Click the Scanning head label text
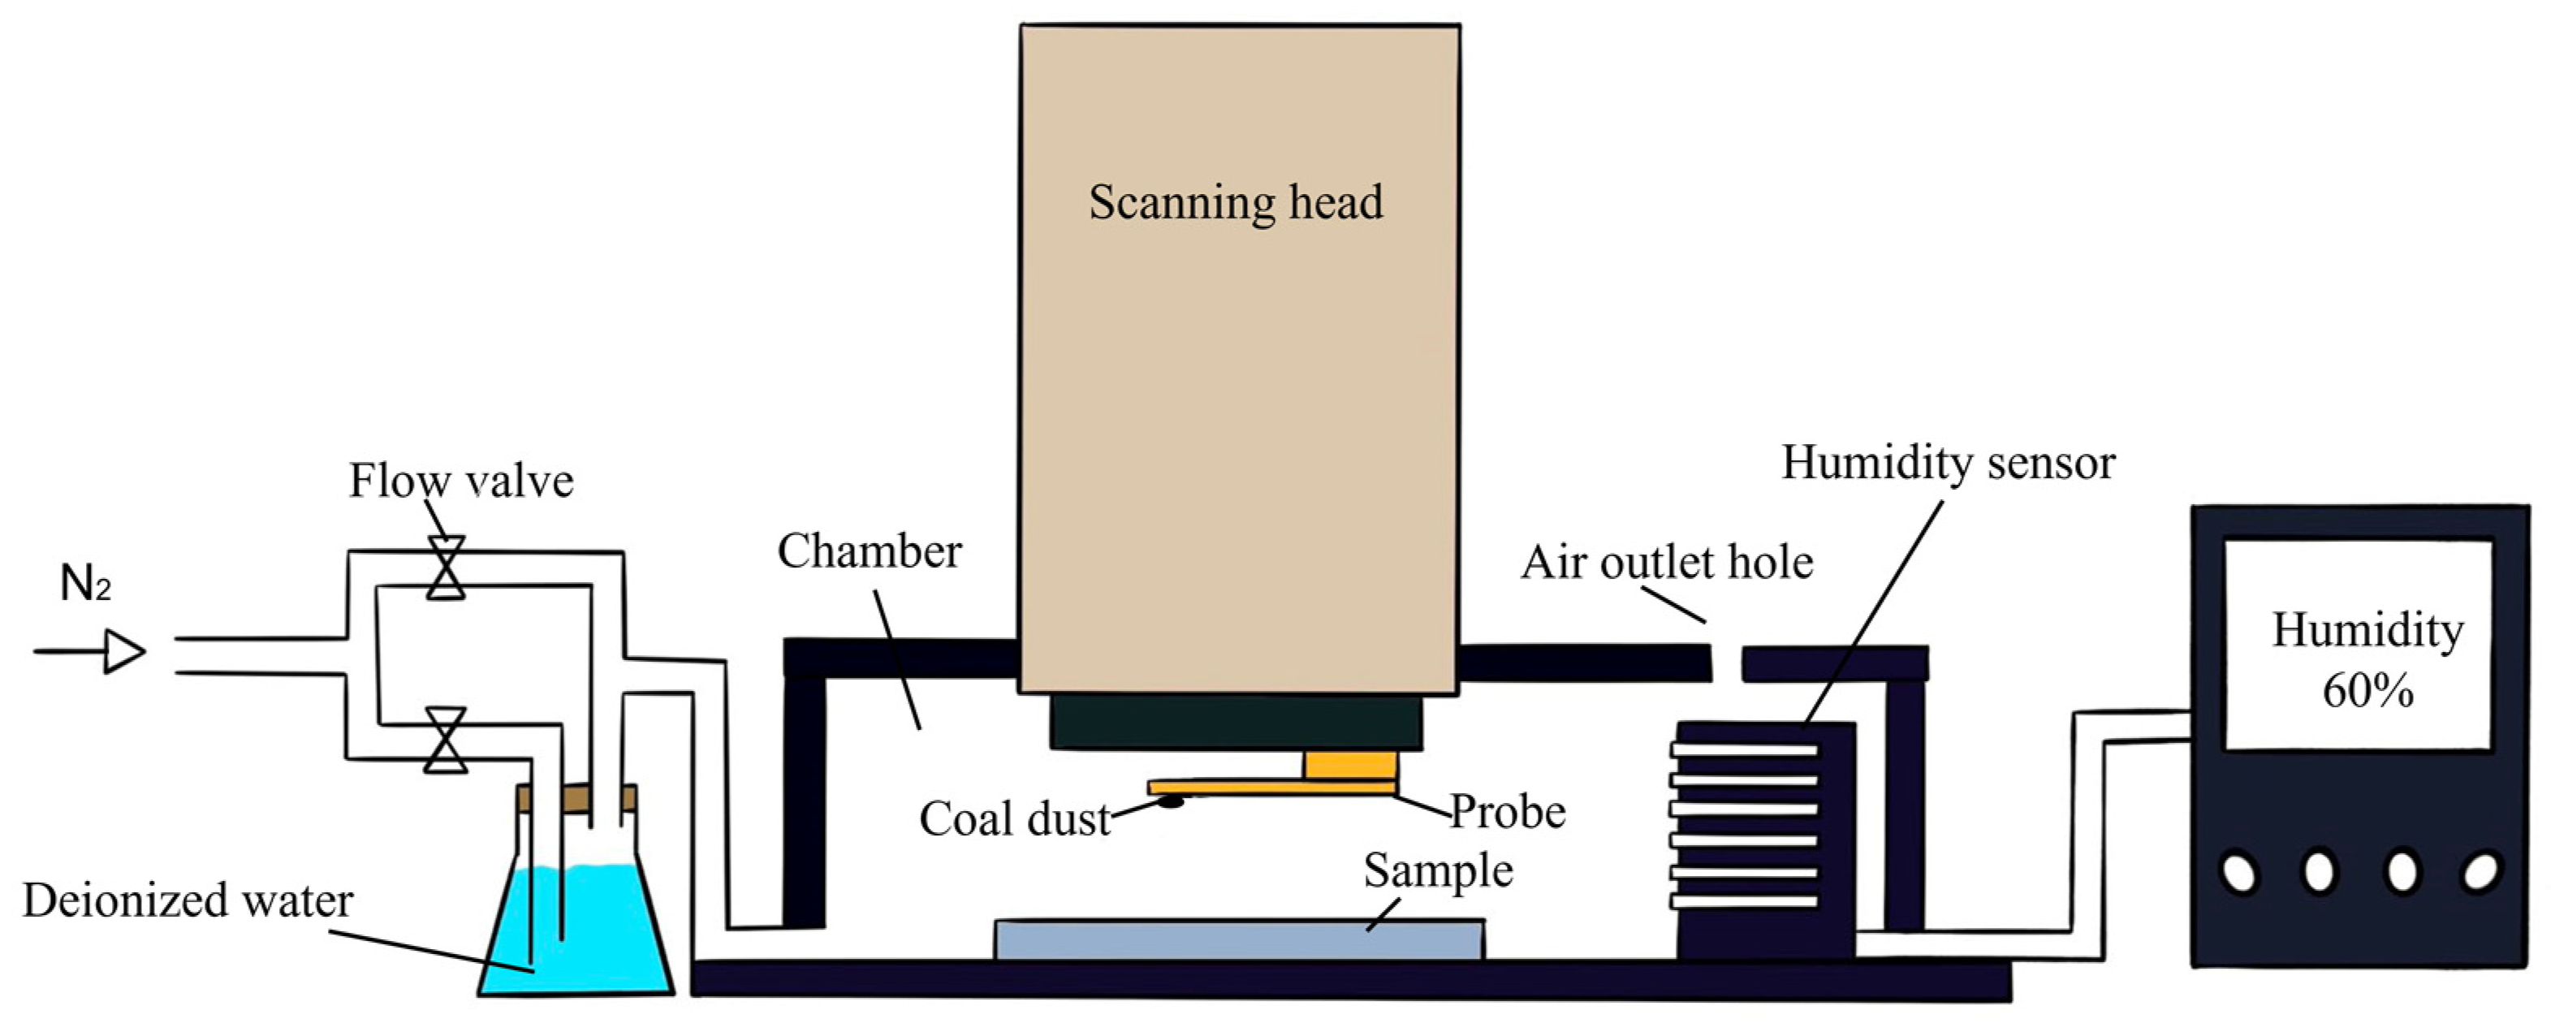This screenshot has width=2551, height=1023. click(x=1236, y=203)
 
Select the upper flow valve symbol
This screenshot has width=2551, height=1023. click(x=446, y=568)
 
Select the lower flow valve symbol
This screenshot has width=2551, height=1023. click(x=446, y=739)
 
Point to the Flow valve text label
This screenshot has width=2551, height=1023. click(x=460, y=481)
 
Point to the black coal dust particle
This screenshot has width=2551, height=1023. click(x=1172, y=801)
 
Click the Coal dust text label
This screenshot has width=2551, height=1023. click(x=1015, y=820)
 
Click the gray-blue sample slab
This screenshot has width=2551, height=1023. click(x=1238, y=940)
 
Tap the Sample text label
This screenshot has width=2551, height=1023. click(x=1438, y=871)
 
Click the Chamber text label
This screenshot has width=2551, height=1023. click(x=869, y=551)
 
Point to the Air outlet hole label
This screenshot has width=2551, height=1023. click(x=1667, y=563)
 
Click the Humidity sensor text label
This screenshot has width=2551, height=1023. click(x=1948, y=463)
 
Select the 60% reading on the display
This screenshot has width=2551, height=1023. click(x=2368, y=691)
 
